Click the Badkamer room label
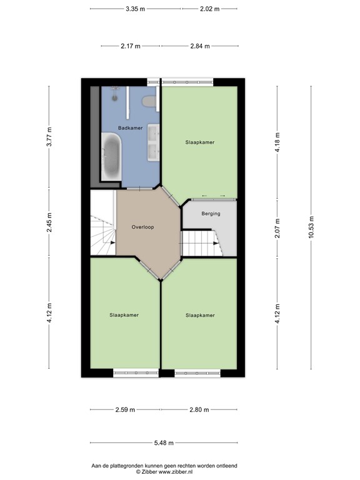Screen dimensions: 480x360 click(x=131, y=128)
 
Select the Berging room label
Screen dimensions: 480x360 click(x=211, y=214)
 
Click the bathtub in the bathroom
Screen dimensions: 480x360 click(x=111, y=157)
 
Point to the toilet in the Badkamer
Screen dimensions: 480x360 click(x=149, y=101)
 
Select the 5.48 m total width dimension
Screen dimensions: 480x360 click(x=164, y=444)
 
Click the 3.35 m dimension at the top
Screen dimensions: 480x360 click(x=135, y=9)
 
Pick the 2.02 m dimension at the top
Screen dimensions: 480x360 click(x=210, y=9)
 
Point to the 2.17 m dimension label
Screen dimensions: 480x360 click(x=131, y=46)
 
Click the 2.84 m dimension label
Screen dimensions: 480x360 click(x=199, y=46)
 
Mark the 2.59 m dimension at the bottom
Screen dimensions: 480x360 click(x=126, y=410)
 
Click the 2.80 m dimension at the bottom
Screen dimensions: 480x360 click(x=199, y=410)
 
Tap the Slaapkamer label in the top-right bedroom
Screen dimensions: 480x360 click(x=200, y=142)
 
